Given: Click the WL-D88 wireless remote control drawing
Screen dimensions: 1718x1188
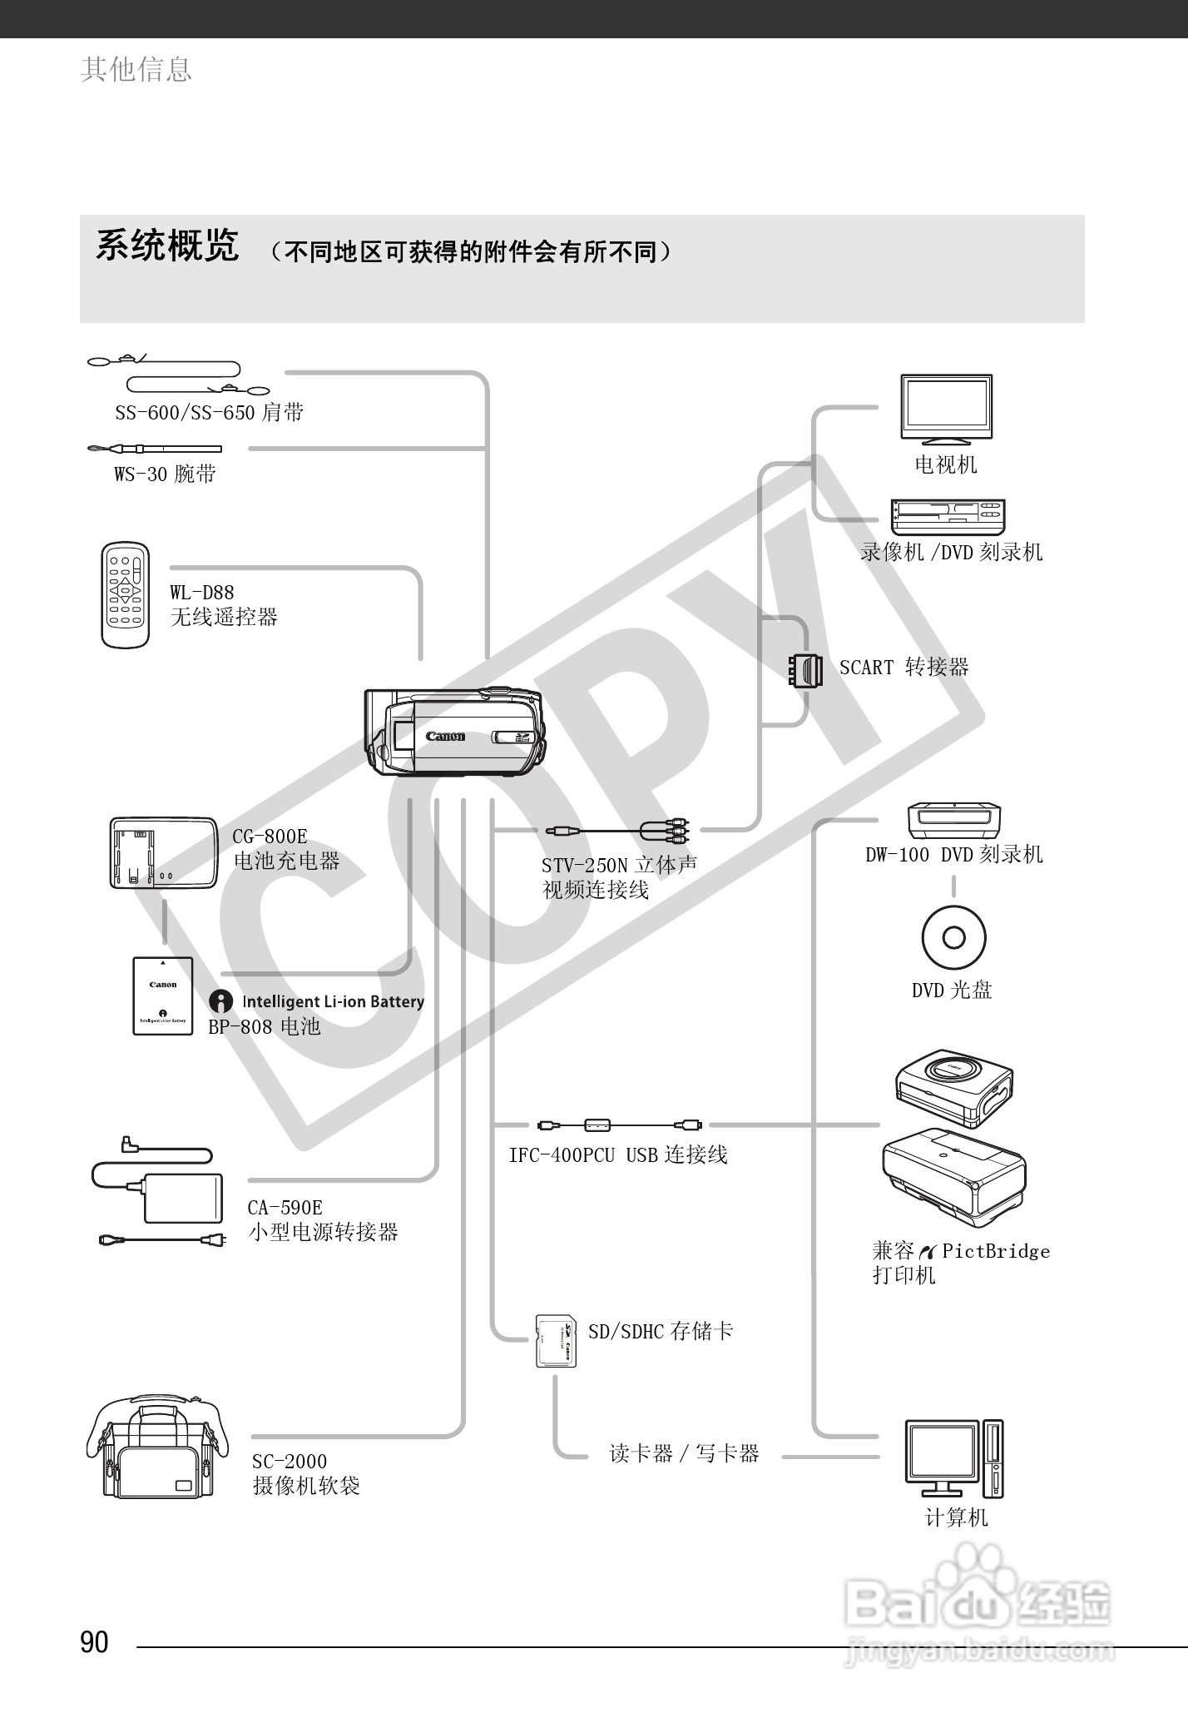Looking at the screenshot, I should point(126,594).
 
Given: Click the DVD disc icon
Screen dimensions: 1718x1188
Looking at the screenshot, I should point(953,937).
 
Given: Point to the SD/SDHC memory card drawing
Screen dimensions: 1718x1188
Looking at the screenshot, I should point(556,1339).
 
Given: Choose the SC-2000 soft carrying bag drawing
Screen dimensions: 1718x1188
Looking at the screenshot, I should point(156,1448).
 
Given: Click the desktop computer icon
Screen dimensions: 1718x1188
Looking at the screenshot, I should point(954,1457).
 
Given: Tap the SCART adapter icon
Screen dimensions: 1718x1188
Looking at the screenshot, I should point(805,669).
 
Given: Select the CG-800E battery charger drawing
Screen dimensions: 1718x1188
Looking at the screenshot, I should point(162,853).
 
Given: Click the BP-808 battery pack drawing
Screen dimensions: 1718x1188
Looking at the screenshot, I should point(163,996).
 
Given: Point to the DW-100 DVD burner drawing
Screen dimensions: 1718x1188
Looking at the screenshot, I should point(954,821).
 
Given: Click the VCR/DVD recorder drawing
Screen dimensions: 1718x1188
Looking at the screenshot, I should point(948,517).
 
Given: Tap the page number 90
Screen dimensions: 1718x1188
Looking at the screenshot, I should point(95,1641).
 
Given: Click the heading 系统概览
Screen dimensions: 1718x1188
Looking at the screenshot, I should point(168,246).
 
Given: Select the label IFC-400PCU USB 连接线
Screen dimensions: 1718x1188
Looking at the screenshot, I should point(618,1154).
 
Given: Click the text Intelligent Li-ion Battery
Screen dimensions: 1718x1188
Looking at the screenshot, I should point(333,1001).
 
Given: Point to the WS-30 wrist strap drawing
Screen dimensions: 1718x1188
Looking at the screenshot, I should point(155,449).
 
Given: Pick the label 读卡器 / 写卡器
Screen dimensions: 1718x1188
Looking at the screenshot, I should point(684,1453).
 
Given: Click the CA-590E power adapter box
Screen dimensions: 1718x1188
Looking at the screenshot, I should point(184,1198).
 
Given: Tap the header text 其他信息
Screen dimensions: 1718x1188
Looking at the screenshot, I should point(136,69).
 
